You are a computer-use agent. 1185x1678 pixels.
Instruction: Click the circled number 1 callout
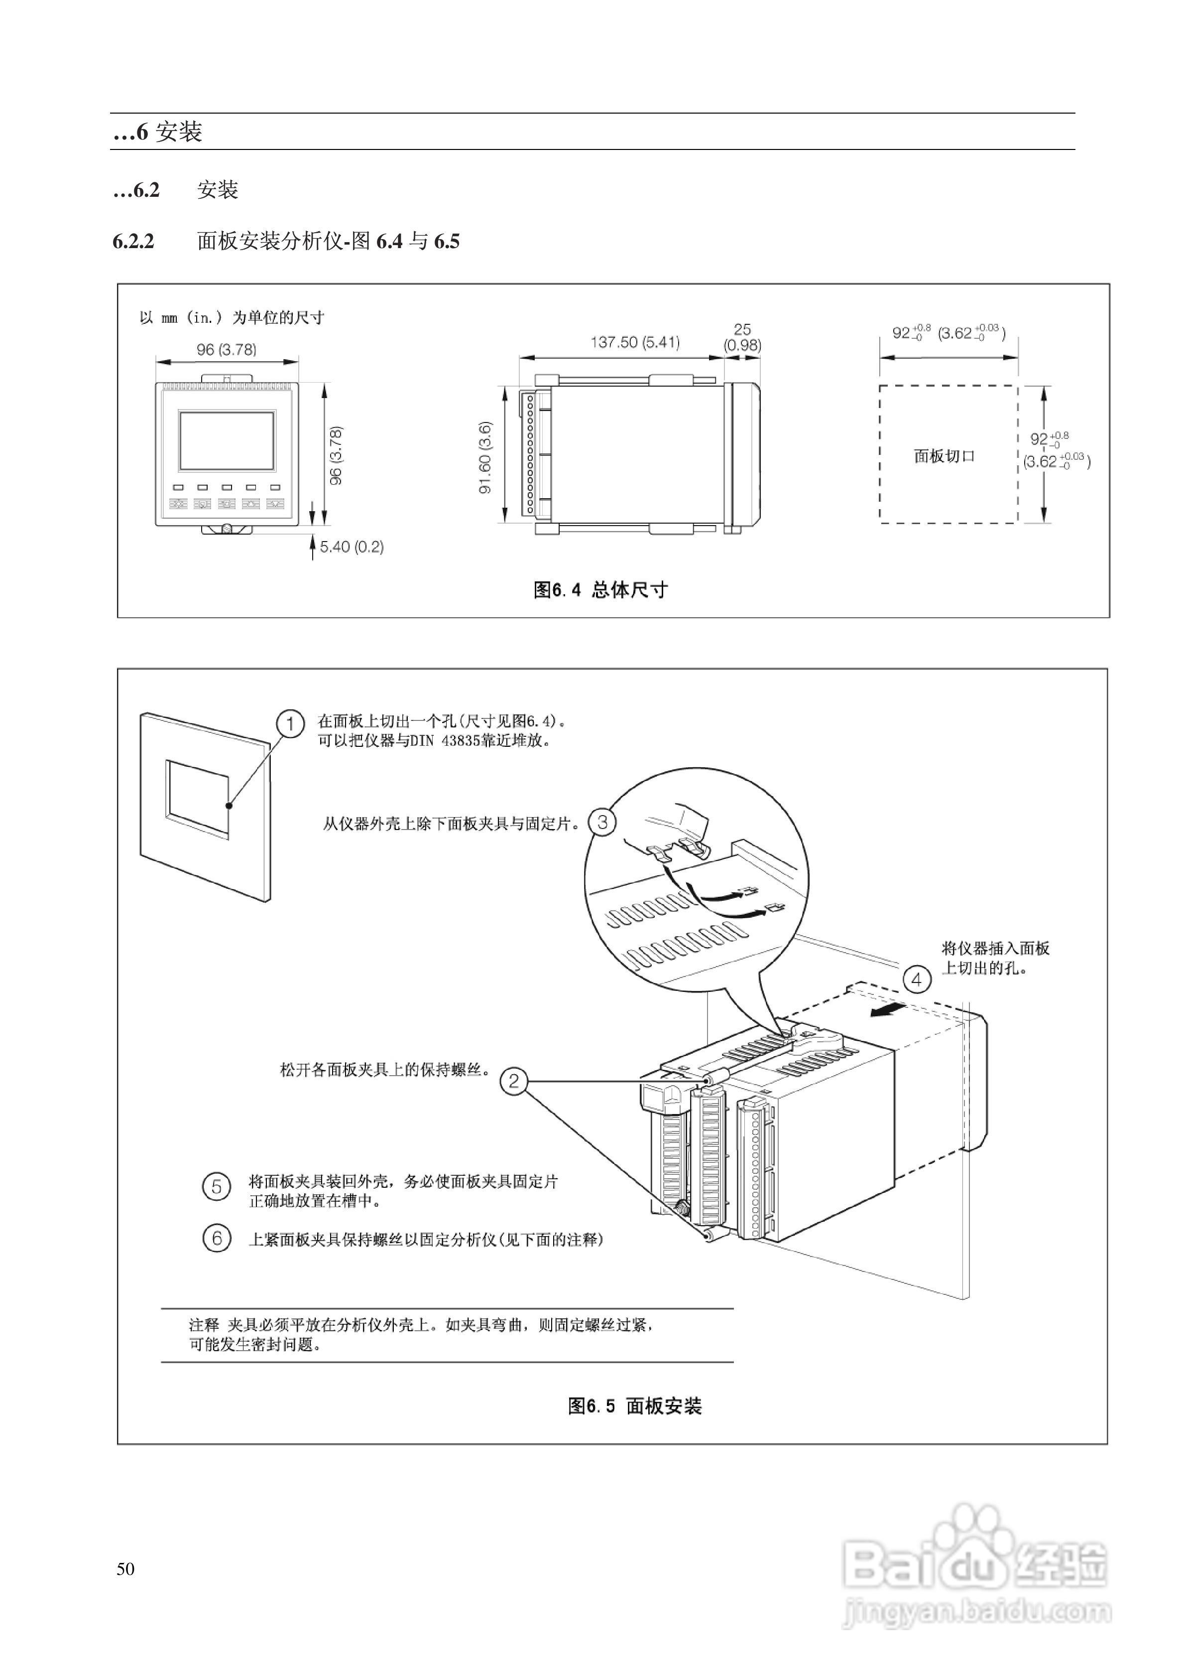[x=290, y=723]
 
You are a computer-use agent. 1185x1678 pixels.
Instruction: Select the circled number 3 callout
[x=602, y=822]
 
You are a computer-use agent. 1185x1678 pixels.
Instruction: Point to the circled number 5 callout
[x=216, y=1187]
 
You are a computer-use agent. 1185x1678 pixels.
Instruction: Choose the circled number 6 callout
[x=216, y=1238]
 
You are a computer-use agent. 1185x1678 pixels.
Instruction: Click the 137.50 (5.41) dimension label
[x=635, y=342]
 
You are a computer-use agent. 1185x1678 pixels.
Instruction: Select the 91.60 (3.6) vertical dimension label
[x=485, y=457]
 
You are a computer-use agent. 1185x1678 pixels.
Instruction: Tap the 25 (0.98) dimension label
[x=742, y=337]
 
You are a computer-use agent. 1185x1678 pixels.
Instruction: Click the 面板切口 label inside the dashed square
[x=944, y=456]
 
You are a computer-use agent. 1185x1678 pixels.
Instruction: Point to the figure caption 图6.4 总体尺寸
[x=600, y=590]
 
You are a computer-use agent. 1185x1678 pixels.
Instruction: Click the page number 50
[x=125, y=1569]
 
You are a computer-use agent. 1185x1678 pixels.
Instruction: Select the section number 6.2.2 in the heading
[x=134, y=241]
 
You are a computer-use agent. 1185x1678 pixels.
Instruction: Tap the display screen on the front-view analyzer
[x=227, y=440]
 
